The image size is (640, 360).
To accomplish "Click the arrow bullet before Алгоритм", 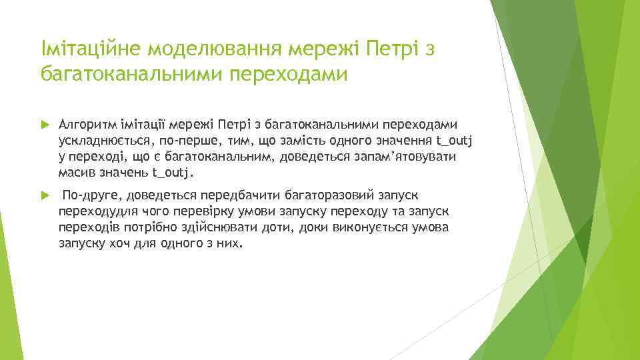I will click(x=45, y=125).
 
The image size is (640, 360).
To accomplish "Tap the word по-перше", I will click(x=184, y=141).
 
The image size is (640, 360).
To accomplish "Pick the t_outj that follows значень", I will click(x=173, y=173).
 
